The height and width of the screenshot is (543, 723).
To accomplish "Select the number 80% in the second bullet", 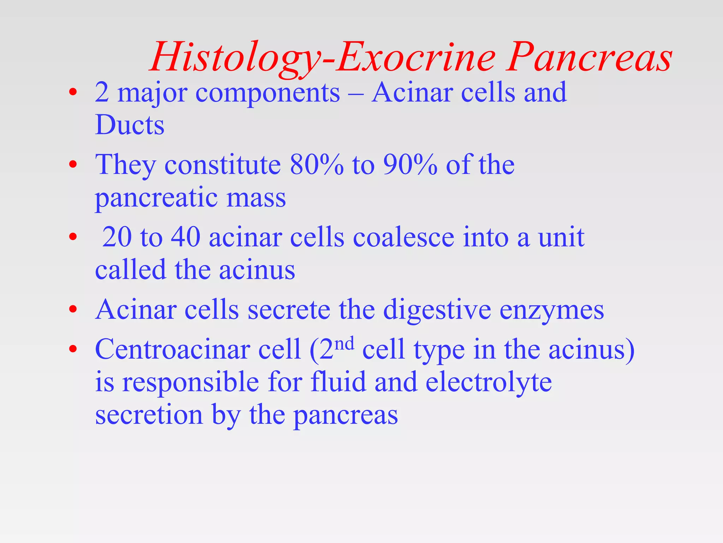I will point(316,165).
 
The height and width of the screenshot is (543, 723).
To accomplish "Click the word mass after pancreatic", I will point(256,198).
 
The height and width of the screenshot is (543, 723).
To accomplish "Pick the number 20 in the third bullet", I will point(117,237).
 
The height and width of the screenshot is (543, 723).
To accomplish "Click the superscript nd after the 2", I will point(344,343).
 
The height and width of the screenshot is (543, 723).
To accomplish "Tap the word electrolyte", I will point(489,382).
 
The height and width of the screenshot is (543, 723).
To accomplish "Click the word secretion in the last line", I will point(149,415).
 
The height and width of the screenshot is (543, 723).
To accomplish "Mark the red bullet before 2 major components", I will point(73,92).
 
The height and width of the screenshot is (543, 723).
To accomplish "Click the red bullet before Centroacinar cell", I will point(73,349).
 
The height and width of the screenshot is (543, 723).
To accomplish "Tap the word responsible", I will point(190,382).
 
